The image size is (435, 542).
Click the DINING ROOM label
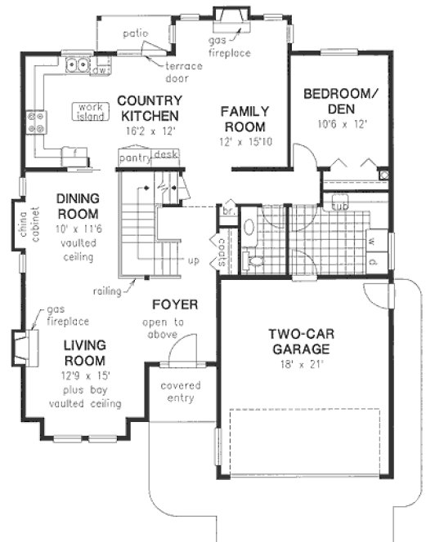pos(78,205)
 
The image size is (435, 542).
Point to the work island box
pos(89,111)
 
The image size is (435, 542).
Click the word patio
pos(135,33)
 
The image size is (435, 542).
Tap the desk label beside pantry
pos(165,153)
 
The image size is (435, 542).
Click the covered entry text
pos(180,392)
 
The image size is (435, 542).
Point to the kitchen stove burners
pos(37,122)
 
